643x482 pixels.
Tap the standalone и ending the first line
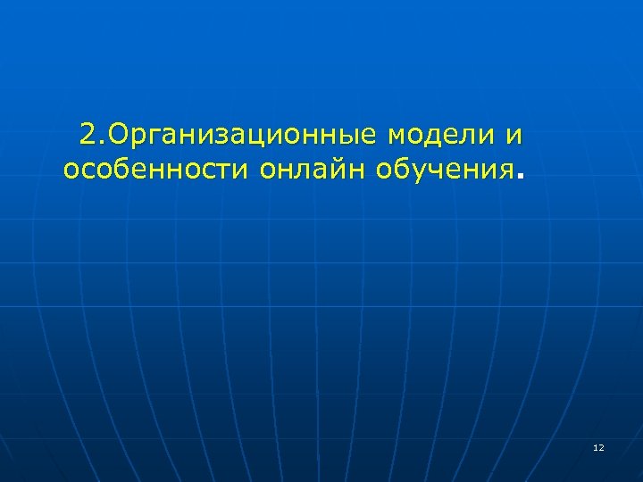click(513, 136)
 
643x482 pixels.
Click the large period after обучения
click(521, 176)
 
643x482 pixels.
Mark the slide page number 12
click(598, 446)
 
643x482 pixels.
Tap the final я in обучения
click(506, 170)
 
